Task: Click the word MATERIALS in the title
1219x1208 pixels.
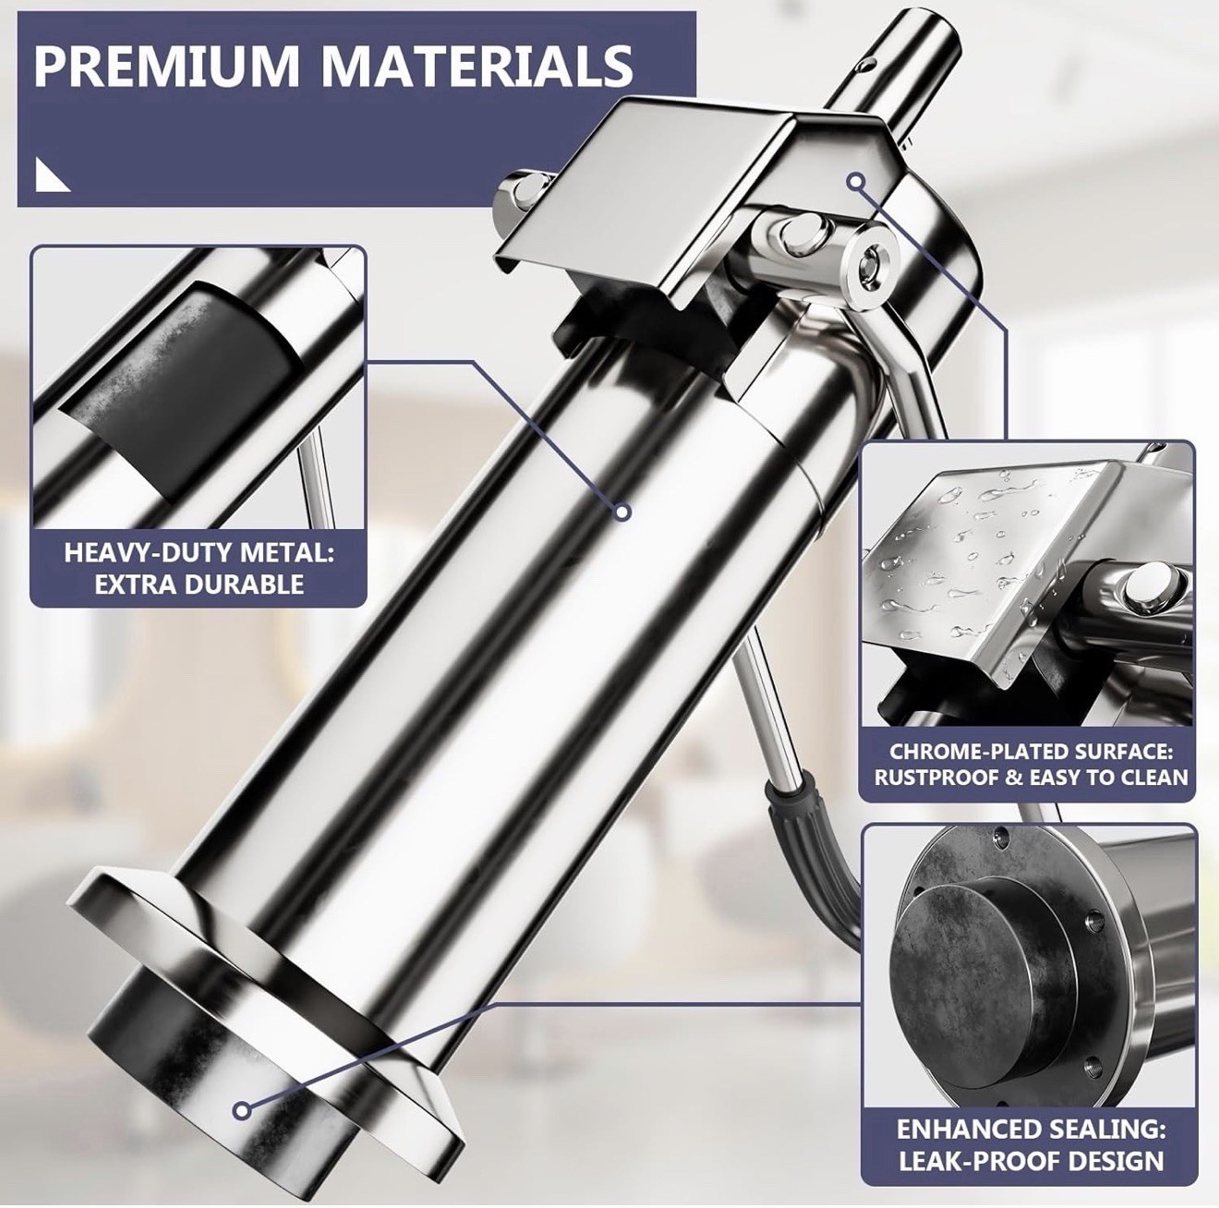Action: [478, 65]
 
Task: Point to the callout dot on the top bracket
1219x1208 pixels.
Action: [856, 182]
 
